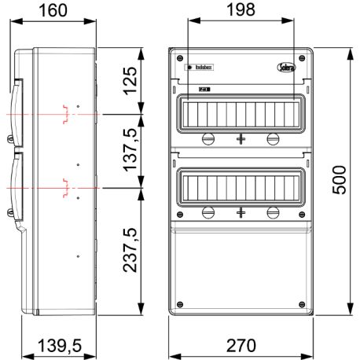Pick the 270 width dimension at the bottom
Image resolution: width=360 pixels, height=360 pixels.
coord(241,347)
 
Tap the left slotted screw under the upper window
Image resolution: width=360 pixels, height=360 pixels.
coord(209,139)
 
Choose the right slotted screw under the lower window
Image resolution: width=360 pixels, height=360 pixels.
coord(273,212)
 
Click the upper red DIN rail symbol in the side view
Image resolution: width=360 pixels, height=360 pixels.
coord(68,115)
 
